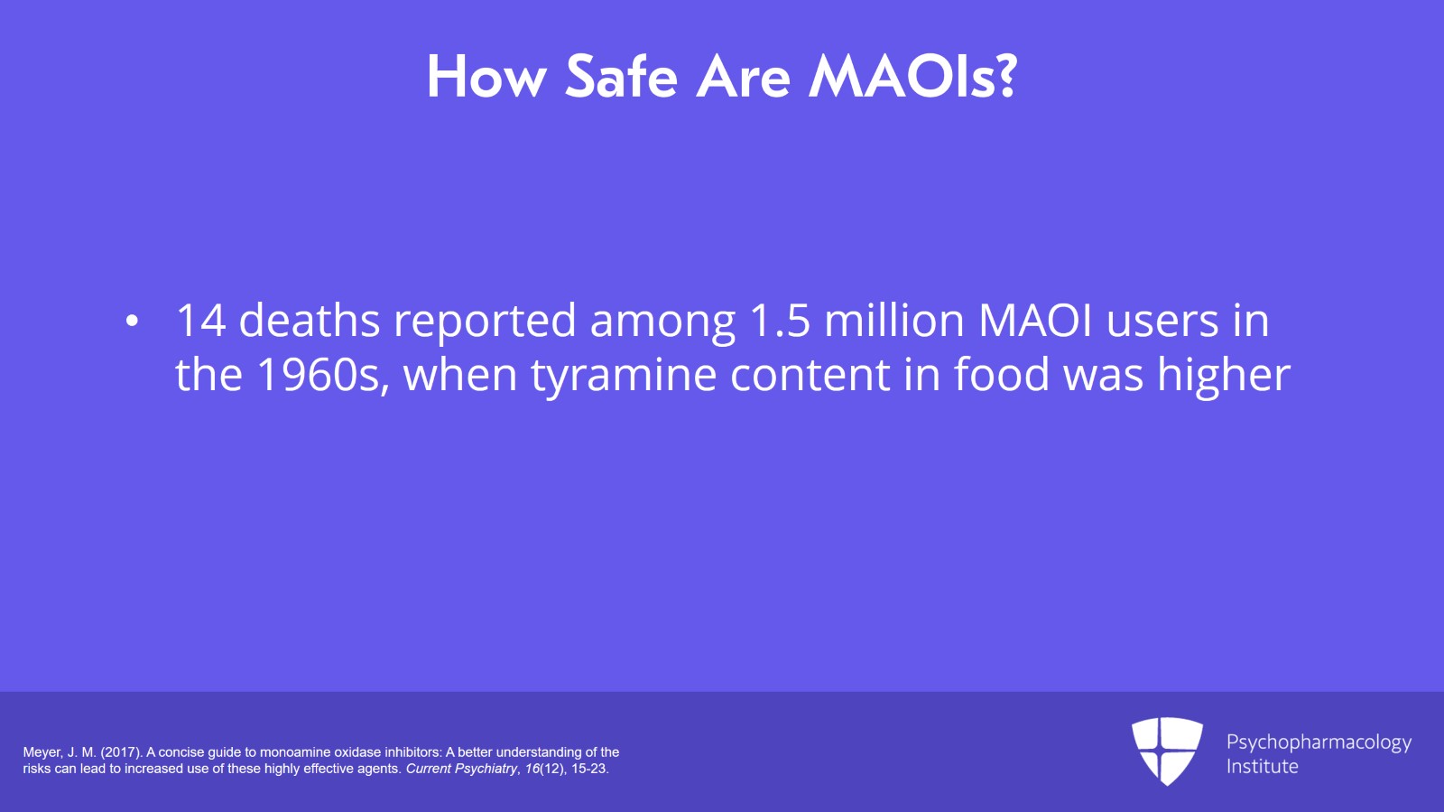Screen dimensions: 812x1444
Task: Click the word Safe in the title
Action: (x=621, y=77)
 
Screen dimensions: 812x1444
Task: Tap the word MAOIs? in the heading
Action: (x=912, y=77)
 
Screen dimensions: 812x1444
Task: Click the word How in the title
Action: (x=486, y=77)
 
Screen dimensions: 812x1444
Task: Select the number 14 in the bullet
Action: (x=200, y=321)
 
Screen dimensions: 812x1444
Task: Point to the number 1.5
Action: (x=780, y=321)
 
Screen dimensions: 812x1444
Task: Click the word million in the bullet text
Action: (x=894, y=321)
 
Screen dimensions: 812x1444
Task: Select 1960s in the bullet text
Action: (x=322, y=375)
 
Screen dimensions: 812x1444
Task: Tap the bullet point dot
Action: (x=133, y=322)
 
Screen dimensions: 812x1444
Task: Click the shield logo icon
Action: (x=1167, y=751)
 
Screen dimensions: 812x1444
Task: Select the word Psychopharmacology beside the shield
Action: (x=1319, y=742)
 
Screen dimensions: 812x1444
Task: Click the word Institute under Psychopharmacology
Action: (x=1262, y=767)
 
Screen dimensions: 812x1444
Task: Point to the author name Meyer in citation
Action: (x=42, y=752)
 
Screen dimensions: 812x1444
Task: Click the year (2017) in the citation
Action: (x=121, y=752)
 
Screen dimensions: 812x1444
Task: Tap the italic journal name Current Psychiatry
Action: (x=461, y=769)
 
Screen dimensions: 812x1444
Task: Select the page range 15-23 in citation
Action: (x=589, y=769)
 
